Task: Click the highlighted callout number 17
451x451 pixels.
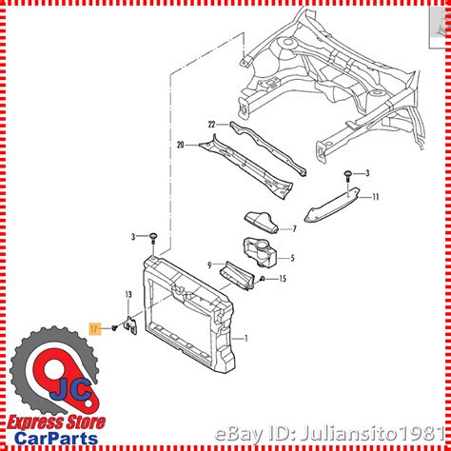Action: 94,329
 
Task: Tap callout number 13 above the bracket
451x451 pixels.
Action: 128,295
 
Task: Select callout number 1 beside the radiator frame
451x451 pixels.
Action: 245,339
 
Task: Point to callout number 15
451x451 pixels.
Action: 283,279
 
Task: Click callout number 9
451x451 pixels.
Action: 209,265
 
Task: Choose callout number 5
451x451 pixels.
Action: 292,258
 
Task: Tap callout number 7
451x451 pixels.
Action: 294,229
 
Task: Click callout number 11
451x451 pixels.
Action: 376,197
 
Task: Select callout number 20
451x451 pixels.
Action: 181,146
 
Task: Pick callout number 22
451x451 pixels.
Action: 211,125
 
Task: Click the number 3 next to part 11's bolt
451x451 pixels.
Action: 367,173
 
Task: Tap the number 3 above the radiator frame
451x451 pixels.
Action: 133,237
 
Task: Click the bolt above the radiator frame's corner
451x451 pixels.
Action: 153,238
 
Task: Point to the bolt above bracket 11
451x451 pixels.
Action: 348,176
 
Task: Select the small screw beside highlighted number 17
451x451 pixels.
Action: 115,327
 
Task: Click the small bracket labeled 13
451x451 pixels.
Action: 132,325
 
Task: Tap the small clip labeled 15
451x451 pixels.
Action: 263,279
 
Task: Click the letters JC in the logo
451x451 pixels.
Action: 71,390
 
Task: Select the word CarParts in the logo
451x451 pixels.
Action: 56,439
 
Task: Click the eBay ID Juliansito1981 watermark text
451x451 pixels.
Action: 329,434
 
